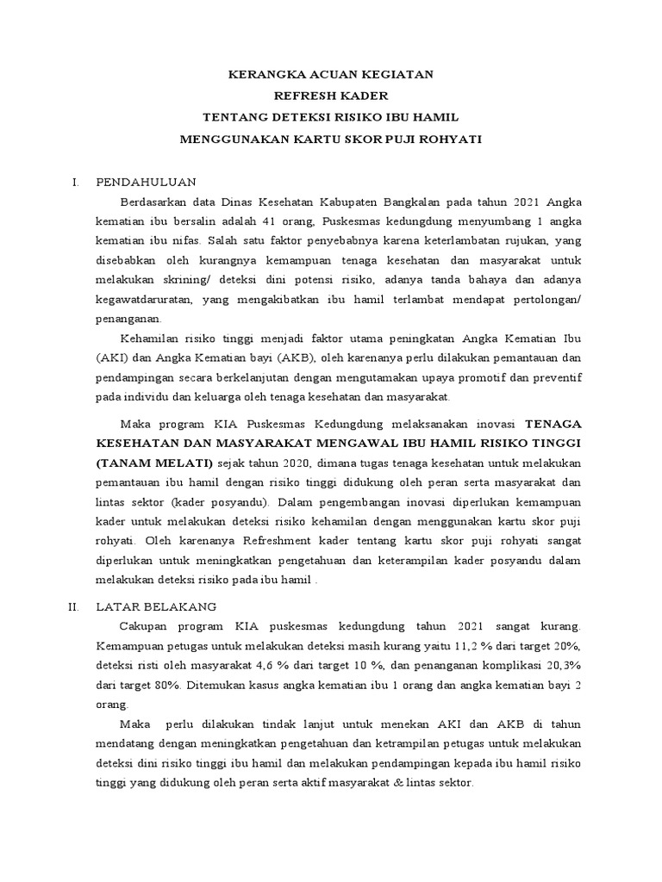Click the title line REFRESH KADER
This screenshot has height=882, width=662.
[331, 96]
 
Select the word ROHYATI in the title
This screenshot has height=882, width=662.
[452, 138]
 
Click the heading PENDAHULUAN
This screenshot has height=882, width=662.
[147, 183]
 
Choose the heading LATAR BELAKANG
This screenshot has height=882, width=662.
[156, 606]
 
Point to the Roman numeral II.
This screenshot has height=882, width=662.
[74, 606]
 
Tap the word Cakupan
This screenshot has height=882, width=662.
[145, 625]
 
